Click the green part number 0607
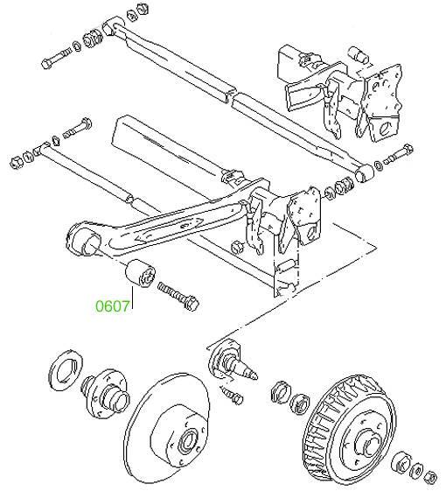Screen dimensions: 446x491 [112, 306]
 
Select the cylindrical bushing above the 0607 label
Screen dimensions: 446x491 [140, 273]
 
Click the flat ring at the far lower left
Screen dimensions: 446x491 [66, 370]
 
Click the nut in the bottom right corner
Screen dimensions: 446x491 [430, 478]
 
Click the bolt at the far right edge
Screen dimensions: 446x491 [398, 154]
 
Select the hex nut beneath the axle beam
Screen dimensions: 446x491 [237, 247]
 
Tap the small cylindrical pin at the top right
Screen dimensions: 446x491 [359, 55]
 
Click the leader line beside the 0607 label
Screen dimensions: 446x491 [132, 298]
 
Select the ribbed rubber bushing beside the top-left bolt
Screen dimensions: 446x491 [93, 38]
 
